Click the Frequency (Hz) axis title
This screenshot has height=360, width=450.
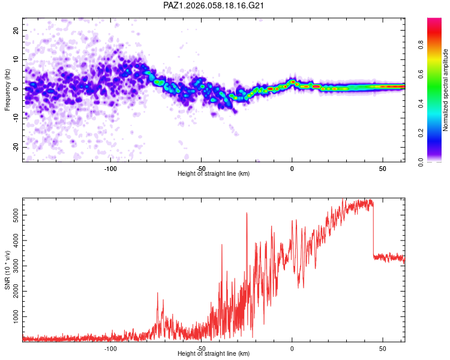pos(7,89)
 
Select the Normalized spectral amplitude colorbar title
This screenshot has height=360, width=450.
pos(446,90)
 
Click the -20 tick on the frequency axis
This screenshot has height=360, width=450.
pos(15,147)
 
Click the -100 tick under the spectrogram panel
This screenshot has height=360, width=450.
pos(110,168)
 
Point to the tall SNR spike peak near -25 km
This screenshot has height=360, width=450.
pos(247,214)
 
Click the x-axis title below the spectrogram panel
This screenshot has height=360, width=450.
pos(214,174)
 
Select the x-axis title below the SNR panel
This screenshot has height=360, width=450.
pos(214,354)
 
